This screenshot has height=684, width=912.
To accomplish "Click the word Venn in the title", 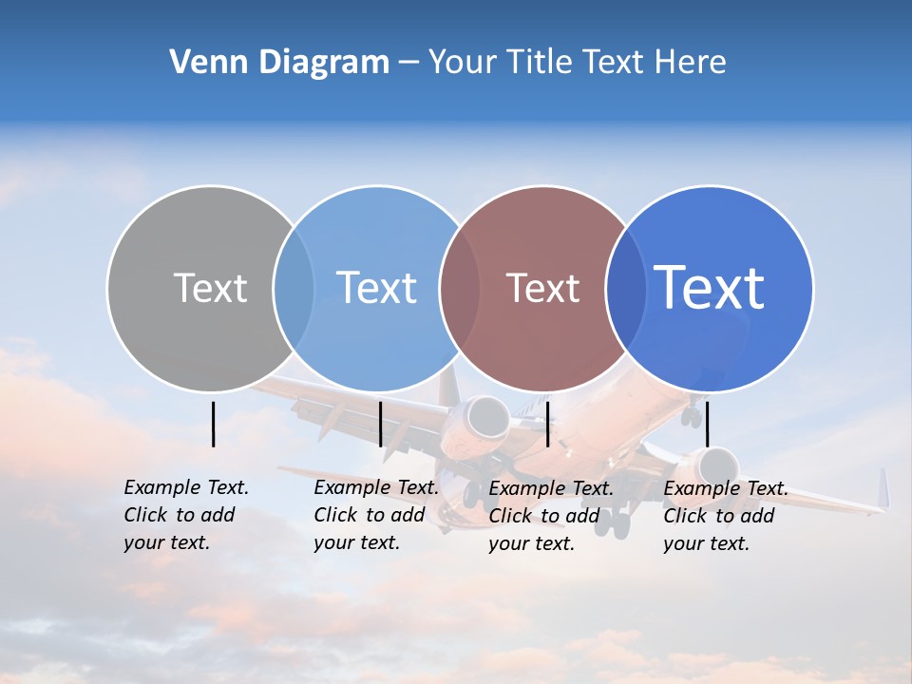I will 201,63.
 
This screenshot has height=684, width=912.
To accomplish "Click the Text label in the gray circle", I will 210,288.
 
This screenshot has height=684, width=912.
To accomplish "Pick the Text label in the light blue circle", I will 377,288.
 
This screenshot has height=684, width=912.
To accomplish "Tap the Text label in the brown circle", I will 543,288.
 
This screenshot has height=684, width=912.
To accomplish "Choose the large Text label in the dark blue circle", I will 710,287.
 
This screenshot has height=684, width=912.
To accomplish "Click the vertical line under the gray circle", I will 213,424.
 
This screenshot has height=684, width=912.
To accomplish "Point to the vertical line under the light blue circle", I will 380,424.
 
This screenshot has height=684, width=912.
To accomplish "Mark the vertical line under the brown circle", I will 548,424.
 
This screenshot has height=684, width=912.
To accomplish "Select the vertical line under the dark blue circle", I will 708,424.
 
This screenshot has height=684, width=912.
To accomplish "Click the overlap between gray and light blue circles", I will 294,288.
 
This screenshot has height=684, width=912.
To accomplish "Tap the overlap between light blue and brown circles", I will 460,288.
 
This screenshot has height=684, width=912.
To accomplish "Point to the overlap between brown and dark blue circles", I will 626,288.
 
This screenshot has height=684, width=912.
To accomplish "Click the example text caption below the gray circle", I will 186,515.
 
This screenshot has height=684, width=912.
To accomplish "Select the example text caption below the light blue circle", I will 376,515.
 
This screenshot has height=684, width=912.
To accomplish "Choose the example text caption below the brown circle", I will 551,516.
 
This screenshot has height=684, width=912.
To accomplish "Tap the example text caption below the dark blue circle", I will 726,516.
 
